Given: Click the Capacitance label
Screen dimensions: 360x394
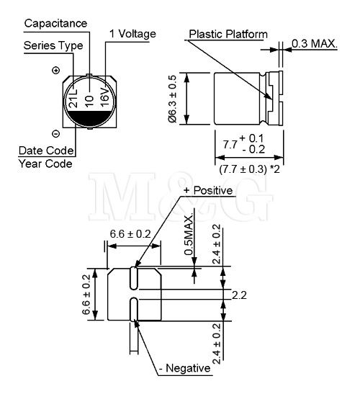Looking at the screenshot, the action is pyautogui.click(x=55, y=24).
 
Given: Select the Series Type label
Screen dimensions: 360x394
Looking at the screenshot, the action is pyautogui.click(x=53, y=45).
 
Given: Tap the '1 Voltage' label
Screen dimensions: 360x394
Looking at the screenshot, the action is pyautogui.click(x=133, y=34).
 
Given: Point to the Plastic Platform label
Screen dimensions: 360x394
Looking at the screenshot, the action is pyautogui.click(x=228, y=34).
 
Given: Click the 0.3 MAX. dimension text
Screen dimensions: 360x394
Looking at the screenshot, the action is pyautogui.click(x=315, y=44).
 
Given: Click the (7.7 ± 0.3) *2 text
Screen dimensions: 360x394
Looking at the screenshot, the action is pyautogui.click(x=249, y=169).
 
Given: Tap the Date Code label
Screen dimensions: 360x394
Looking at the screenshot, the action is pyautogui.click(x=46, y=151).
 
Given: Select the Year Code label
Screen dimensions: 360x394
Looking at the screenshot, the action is pyautogui.click(x=45, y=164).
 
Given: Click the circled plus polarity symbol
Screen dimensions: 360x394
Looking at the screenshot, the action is pyautogui.click(x=55, y=71).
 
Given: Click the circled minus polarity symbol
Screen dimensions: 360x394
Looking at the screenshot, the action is pyautogui.click(x=55, y=134).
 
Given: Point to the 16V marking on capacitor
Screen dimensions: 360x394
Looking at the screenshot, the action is pyautogui.click(x=104, y=97).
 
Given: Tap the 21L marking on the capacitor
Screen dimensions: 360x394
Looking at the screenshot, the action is pyautogui.click(x=73, y=98).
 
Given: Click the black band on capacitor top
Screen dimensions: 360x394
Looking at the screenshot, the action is pyautogui.click(x=89, y=118).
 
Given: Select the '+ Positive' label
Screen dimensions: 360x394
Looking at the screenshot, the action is pyautogui.click(x=208, y=190).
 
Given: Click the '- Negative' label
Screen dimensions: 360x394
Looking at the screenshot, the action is pyautogui.click(x=185, y=368).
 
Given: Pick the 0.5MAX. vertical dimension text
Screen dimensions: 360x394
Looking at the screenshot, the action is pyautogui.click(x=189, y=235).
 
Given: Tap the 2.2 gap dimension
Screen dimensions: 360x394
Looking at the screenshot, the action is pyautogui.click(x=239, y=295).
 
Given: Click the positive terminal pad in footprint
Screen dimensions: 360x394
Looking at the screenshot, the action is pyautogui.click(x=134, y=278).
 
